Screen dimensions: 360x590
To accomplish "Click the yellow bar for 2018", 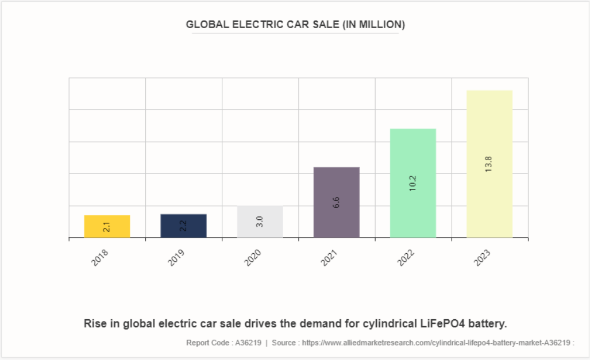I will [x=107, y=226].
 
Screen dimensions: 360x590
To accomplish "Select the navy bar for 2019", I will [x=183, y=226].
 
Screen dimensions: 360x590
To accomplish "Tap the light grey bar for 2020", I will [x=260, y=222].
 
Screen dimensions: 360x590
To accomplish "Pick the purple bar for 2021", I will [x=336, y=202].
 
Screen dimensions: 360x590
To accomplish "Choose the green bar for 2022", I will [x=412, y=183].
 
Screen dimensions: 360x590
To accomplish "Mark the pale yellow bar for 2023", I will [x=489, y=164].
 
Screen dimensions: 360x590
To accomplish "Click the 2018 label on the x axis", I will [x=100, y=257].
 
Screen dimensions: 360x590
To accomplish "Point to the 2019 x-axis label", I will [x=176, y=257].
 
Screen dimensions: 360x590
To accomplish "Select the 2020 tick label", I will [x=253, y=257].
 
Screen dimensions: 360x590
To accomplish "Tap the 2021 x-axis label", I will [x=329, y=257].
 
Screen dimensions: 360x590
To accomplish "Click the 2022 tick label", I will [x=406, y=257].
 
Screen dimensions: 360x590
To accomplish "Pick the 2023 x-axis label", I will [x=482, y=257].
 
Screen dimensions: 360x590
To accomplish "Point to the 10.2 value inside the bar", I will [x=412, y=183].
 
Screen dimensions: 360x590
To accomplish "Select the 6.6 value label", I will [x=336, y=202].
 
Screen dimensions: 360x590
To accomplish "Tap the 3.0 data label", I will [x=260, y=222].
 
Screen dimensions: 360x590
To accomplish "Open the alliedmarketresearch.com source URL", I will [x=437, y=343].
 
